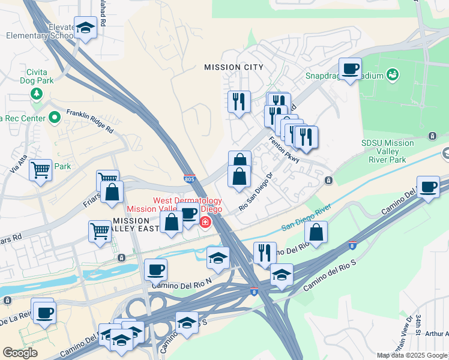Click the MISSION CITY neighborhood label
click(234, 67)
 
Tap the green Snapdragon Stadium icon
click(393, 75)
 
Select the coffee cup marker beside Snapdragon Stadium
click(350, 69)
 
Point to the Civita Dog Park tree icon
click(37, 94)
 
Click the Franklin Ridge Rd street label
click(89, 121)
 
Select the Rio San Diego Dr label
click(256, 192)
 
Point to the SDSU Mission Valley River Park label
click(387, 151)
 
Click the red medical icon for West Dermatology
click(205, 223)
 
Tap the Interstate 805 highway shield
click(189, 178)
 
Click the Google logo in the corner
click(20, 352)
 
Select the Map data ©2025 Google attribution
click(412, 355)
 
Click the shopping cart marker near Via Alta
click(40, 170)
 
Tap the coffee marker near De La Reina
click(44, 313)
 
